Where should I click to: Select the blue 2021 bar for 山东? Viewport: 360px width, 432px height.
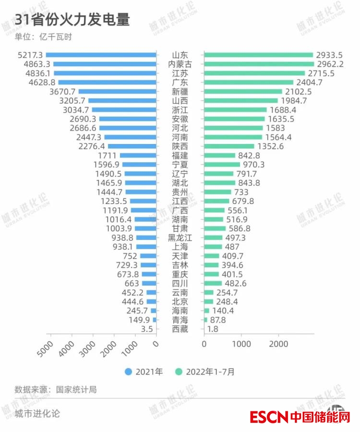(101, 55)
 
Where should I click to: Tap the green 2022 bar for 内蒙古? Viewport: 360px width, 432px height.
(259, 64)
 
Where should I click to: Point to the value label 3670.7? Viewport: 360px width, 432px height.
(62, 91)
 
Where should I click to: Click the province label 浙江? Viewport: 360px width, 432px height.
(180, 109)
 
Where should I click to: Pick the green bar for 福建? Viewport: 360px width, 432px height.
(220, 156)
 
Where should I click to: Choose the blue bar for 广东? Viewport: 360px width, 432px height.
(108, 82)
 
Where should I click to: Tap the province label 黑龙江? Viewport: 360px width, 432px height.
(180, 238)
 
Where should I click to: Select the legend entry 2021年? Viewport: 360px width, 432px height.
(144, 371)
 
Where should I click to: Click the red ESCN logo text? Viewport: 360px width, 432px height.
(269, 416)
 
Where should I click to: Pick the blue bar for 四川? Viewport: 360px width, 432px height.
(149, 283)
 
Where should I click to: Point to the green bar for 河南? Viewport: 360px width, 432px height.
(233, 137)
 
